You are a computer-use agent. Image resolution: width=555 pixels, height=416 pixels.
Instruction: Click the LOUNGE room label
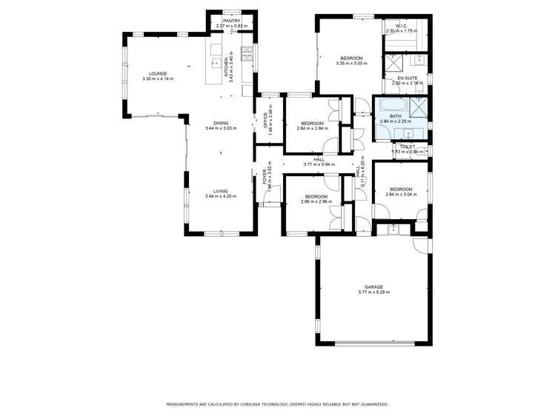point(158,73)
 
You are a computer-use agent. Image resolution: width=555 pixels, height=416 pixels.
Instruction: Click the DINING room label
point(221,123)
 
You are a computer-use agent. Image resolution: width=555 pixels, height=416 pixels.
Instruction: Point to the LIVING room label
point(221,190)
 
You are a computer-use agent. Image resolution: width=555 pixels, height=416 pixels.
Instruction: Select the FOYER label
point(265,178)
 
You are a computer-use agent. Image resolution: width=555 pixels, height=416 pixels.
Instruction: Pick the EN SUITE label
point(406,78)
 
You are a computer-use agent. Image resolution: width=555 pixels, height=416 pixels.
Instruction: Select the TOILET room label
point(407,147)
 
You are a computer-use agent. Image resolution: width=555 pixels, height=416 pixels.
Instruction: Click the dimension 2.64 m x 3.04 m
point(401,195)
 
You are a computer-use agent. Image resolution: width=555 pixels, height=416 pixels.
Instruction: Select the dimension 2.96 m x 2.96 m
point(316,201)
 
